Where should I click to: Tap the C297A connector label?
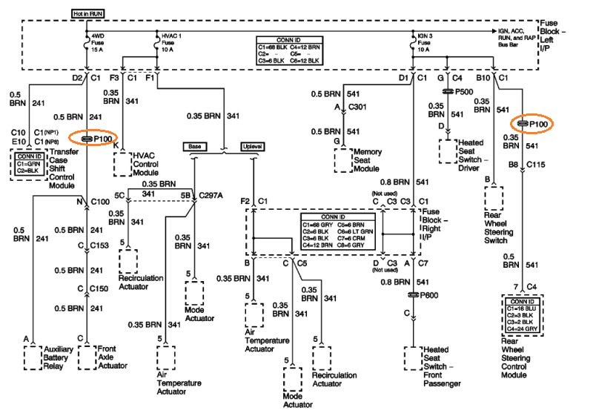click(213, 197)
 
